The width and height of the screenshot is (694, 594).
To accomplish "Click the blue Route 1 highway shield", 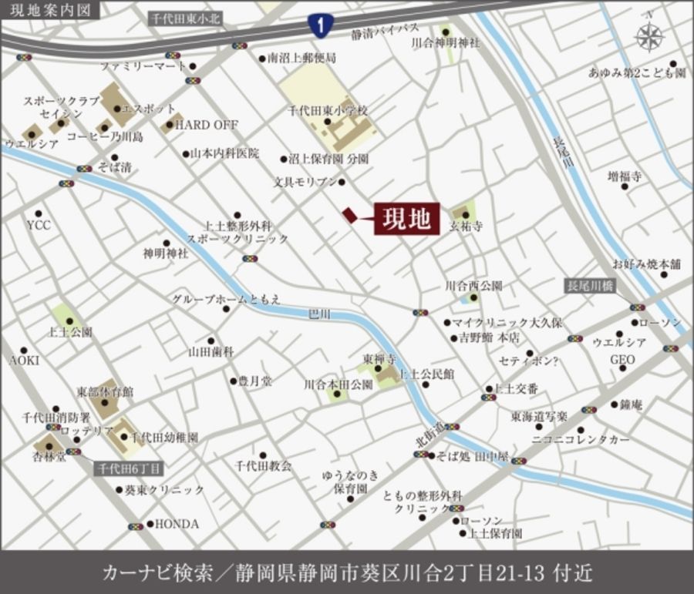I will click(318, 25).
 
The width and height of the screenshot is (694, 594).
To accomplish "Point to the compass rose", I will click(650, 36).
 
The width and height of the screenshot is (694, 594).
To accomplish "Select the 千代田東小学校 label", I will click(328, 111).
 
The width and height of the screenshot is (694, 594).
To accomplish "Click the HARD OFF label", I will click(207, 124).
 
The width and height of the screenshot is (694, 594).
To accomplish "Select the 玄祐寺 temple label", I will click(465, 227).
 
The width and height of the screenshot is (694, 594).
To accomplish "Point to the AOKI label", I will click(24, 360).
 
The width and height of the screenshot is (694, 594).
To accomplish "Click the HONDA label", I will click(177, 524).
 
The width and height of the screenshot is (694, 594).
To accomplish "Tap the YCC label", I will click(38, 225).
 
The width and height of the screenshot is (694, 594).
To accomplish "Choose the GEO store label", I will click(622, 360).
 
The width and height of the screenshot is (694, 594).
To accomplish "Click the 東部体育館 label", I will click(105, 392).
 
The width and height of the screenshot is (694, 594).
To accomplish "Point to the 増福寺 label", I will click(624, 176).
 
